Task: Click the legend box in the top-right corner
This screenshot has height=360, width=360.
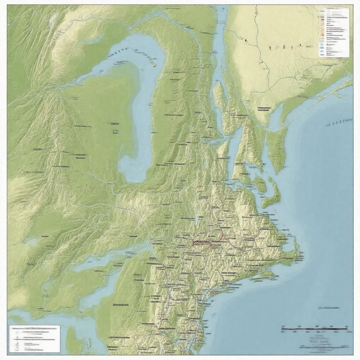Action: (x=334, y=32)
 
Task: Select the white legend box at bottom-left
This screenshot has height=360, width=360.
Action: (x=34, y=339)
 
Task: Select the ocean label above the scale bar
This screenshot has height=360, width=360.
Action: (x=328, y=308)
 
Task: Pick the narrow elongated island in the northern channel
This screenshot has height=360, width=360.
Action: (x=218, y=95)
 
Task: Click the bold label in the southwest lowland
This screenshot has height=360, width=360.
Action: (x=121, y=305)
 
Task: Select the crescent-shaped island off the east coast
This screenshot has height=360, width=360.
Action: (x=272, y=193)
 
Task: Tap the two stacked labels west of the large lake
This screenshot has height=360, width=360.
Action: (x=115, y=128)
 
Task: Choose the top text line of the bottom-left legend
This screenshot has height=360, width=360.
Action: (x=34, y=328)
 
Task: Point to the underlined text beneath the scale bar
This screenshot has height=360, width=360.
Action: (x=323, y=346)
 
